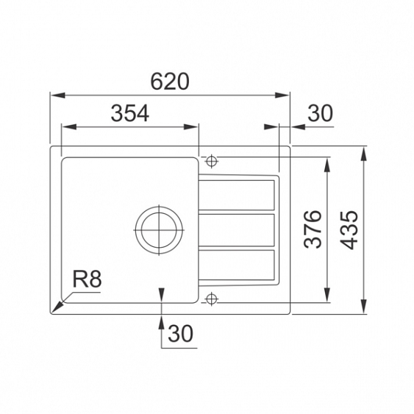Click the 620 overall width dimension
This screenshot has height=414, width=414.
[170, 82]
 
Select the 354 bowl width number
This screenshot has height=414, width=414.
[130, 113]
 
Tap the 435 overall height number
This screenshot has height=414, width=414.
[349, 230]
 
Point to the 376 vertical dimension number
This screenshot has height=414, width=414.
[313, 229]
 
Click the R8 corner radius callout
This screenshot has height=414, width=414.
[87, 279]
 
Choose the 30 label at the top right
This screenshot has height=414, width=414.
[321, 113]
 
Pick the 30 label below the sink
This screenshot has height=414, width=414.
[181, 333]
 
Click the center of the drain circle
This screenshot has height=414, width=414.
[159, 230]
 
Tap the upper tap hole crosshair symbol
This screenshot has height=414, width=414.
[211, 161]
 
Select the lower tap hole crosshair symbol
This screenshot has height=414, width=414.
[211, 299]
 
